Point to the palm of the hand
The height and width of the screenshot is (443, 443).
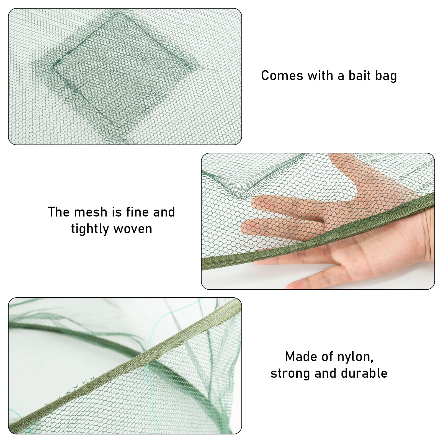tap(360, 249)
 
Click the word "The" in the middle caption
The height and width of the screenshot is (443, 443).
tap(59, 212)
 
